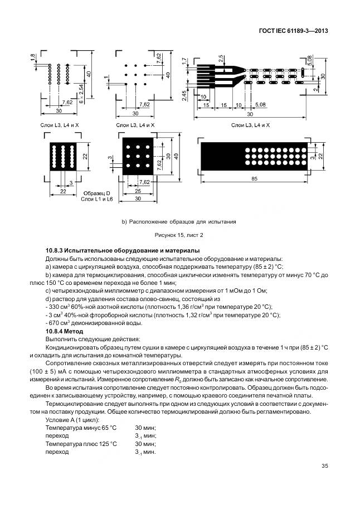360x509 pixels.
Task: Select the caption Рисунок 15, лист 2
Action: point(179,235)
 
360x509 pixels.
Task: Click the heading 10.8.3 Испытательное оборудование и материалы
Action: point(122,251)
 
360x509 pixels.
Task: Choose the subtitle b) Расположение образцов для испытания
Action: point(179,221)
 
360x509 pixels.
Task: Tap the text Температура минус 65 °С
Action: point(81,427)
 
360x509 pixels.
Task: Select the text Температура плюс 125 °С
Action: point(81,444)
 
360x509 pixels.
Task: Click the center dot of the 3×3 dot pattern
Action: point(136,74)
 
